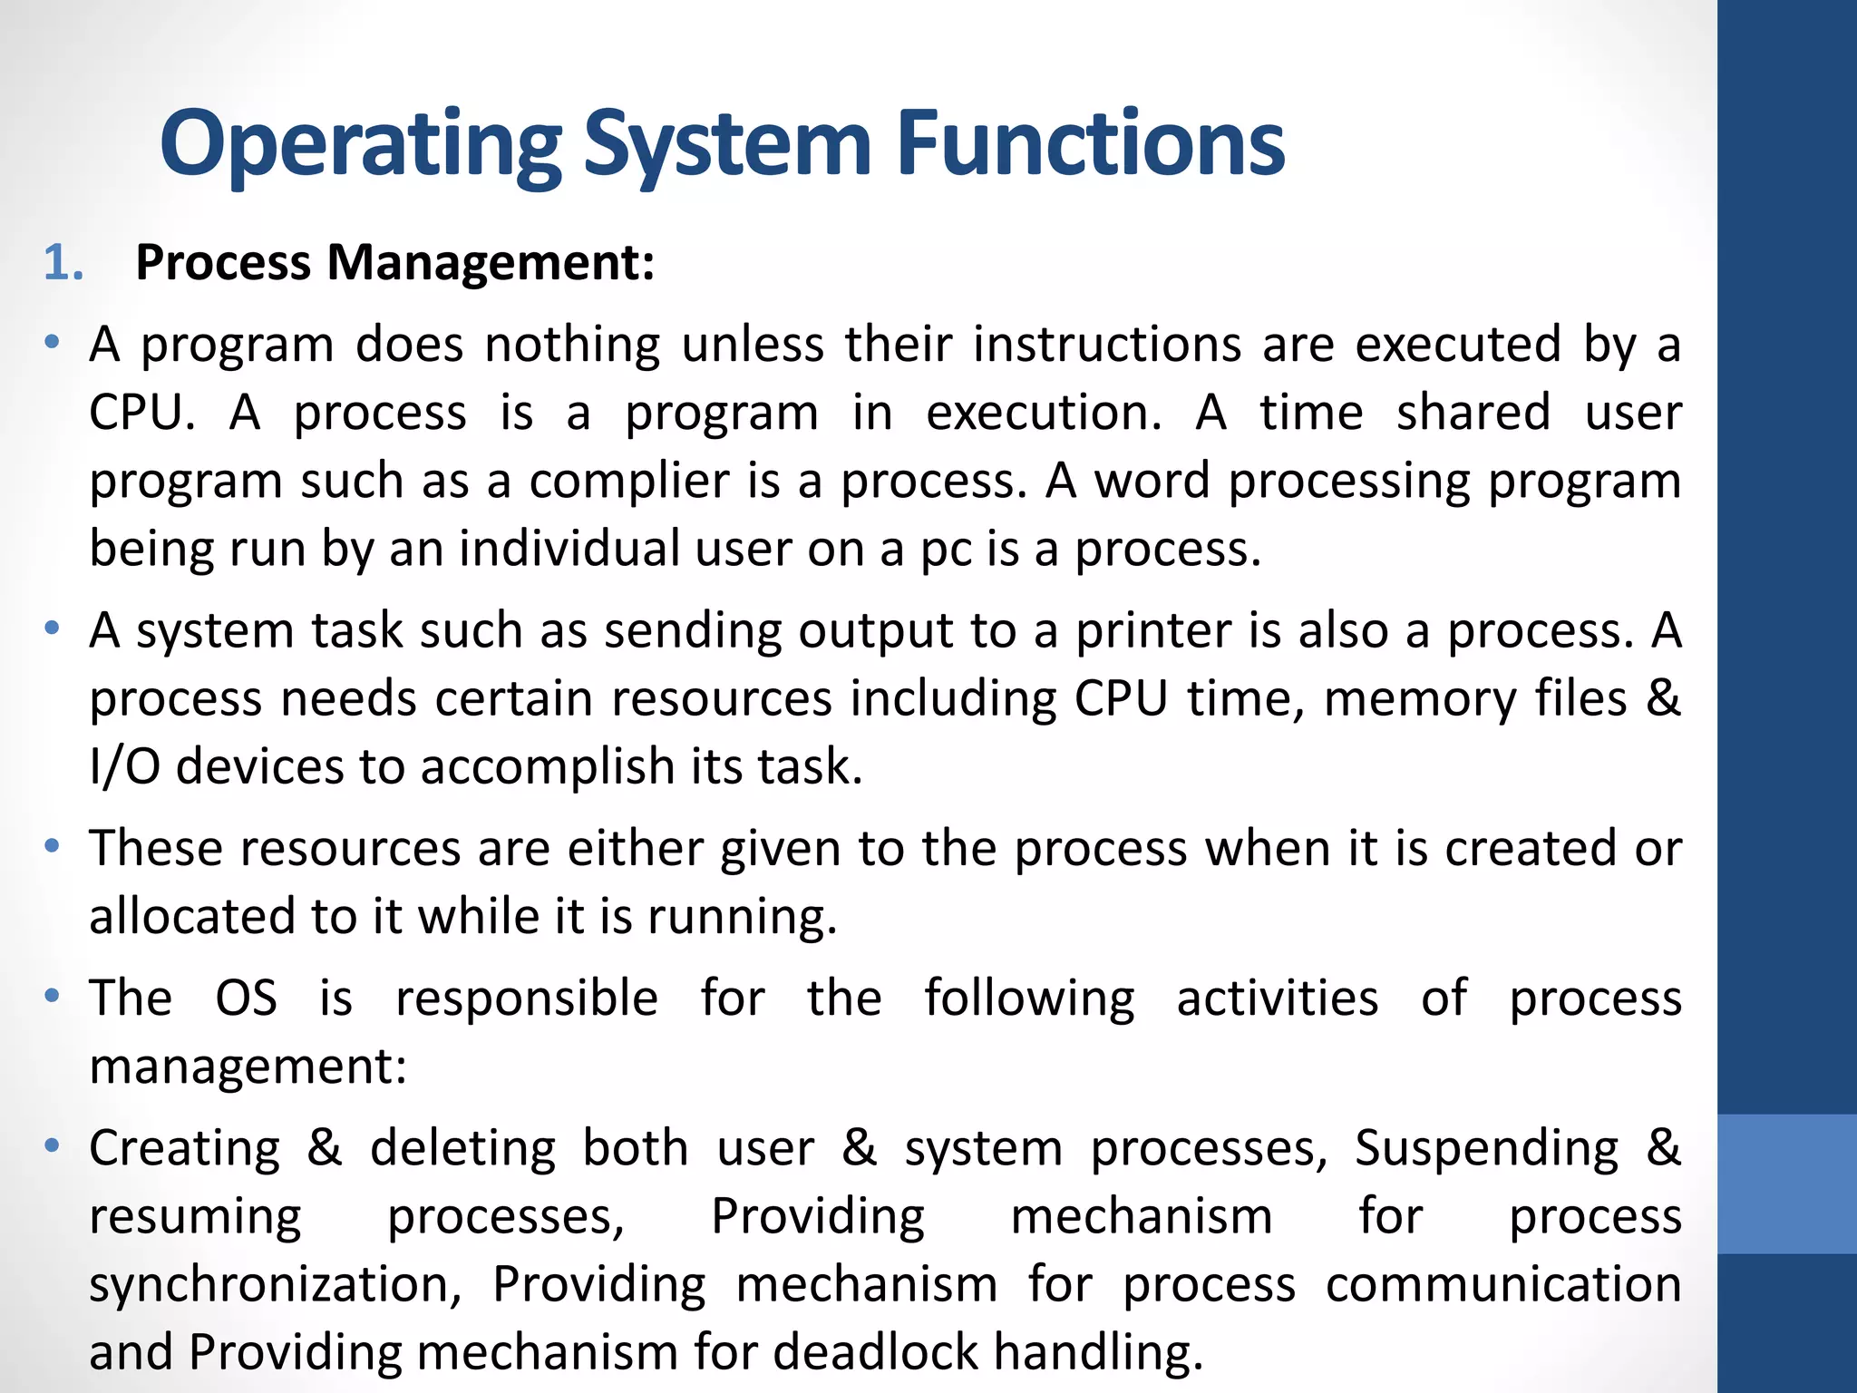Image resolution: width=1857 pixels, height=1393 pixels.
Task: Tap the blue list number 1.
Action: pyautogui.click(x=63, y=263)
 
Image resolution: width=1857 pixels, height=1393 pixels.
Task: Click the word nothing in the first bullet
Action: pyautogui.click(x=572, y=346)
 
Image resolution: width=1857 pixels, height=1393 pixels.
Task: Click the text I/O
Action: pyautogui.click(x=124, y=767)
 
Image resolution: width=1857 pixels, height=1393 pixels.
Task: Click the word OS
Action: pyautogui.click(x=246, y=998)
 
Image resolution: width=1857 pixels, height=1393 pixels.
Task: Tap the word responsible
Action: pyautogui.click(x=526, y=998)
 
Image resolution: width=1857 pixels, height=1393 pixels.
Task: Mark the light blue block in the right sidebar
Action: pyautogui.click(x=1786, y=1184)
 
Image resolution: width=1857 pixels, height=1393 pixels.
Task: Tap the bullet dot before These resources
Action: pyautogui.click(x=53, y=846)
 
